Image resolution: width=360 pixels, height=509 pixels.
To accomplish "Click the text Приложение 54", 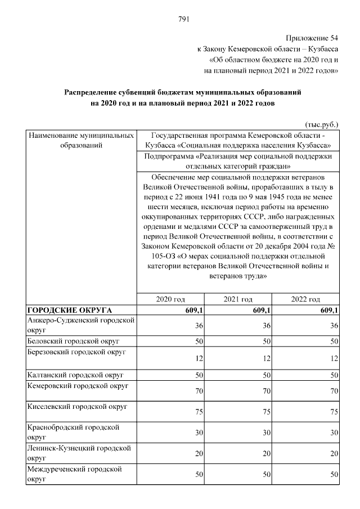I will [x=312, y=38].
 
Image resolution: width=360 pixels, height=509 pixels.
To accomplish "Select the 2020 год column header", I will [x=170, y=299].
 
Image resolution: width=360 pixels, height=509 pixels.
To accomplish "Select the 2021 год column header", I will [x=238, y=299].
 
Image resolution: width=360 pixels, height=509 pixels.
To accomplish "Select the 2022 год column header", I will [x=305, y=299].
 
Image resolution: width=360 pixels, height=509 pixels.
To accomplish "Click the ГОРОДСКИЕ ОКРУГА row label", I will [x=70, y=310].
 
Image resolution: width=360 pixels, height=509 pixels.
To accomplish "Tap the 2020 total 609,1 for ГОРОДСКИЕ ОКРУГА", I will [x=193, y=310].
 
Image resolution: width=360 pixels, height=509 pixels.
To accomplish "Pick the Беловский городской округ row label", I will [x=73, y=341].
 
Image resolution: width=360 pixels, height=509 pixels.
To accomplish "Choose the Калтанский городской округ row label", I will [x=75, y=375].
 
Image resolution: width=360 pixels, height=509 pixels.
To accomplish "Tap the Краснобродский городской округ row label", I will [x=73, y=431].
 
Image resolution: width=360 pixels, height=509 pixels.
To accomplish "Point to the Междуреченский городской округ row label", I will [x=74, y=474].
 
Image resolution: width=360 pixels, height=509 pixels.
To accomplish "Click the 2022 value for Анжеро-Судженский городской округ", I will [x=334, y=326].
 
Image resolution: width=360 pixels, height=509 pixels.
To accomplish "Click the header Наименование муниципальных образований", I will [x=80, y=141].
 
